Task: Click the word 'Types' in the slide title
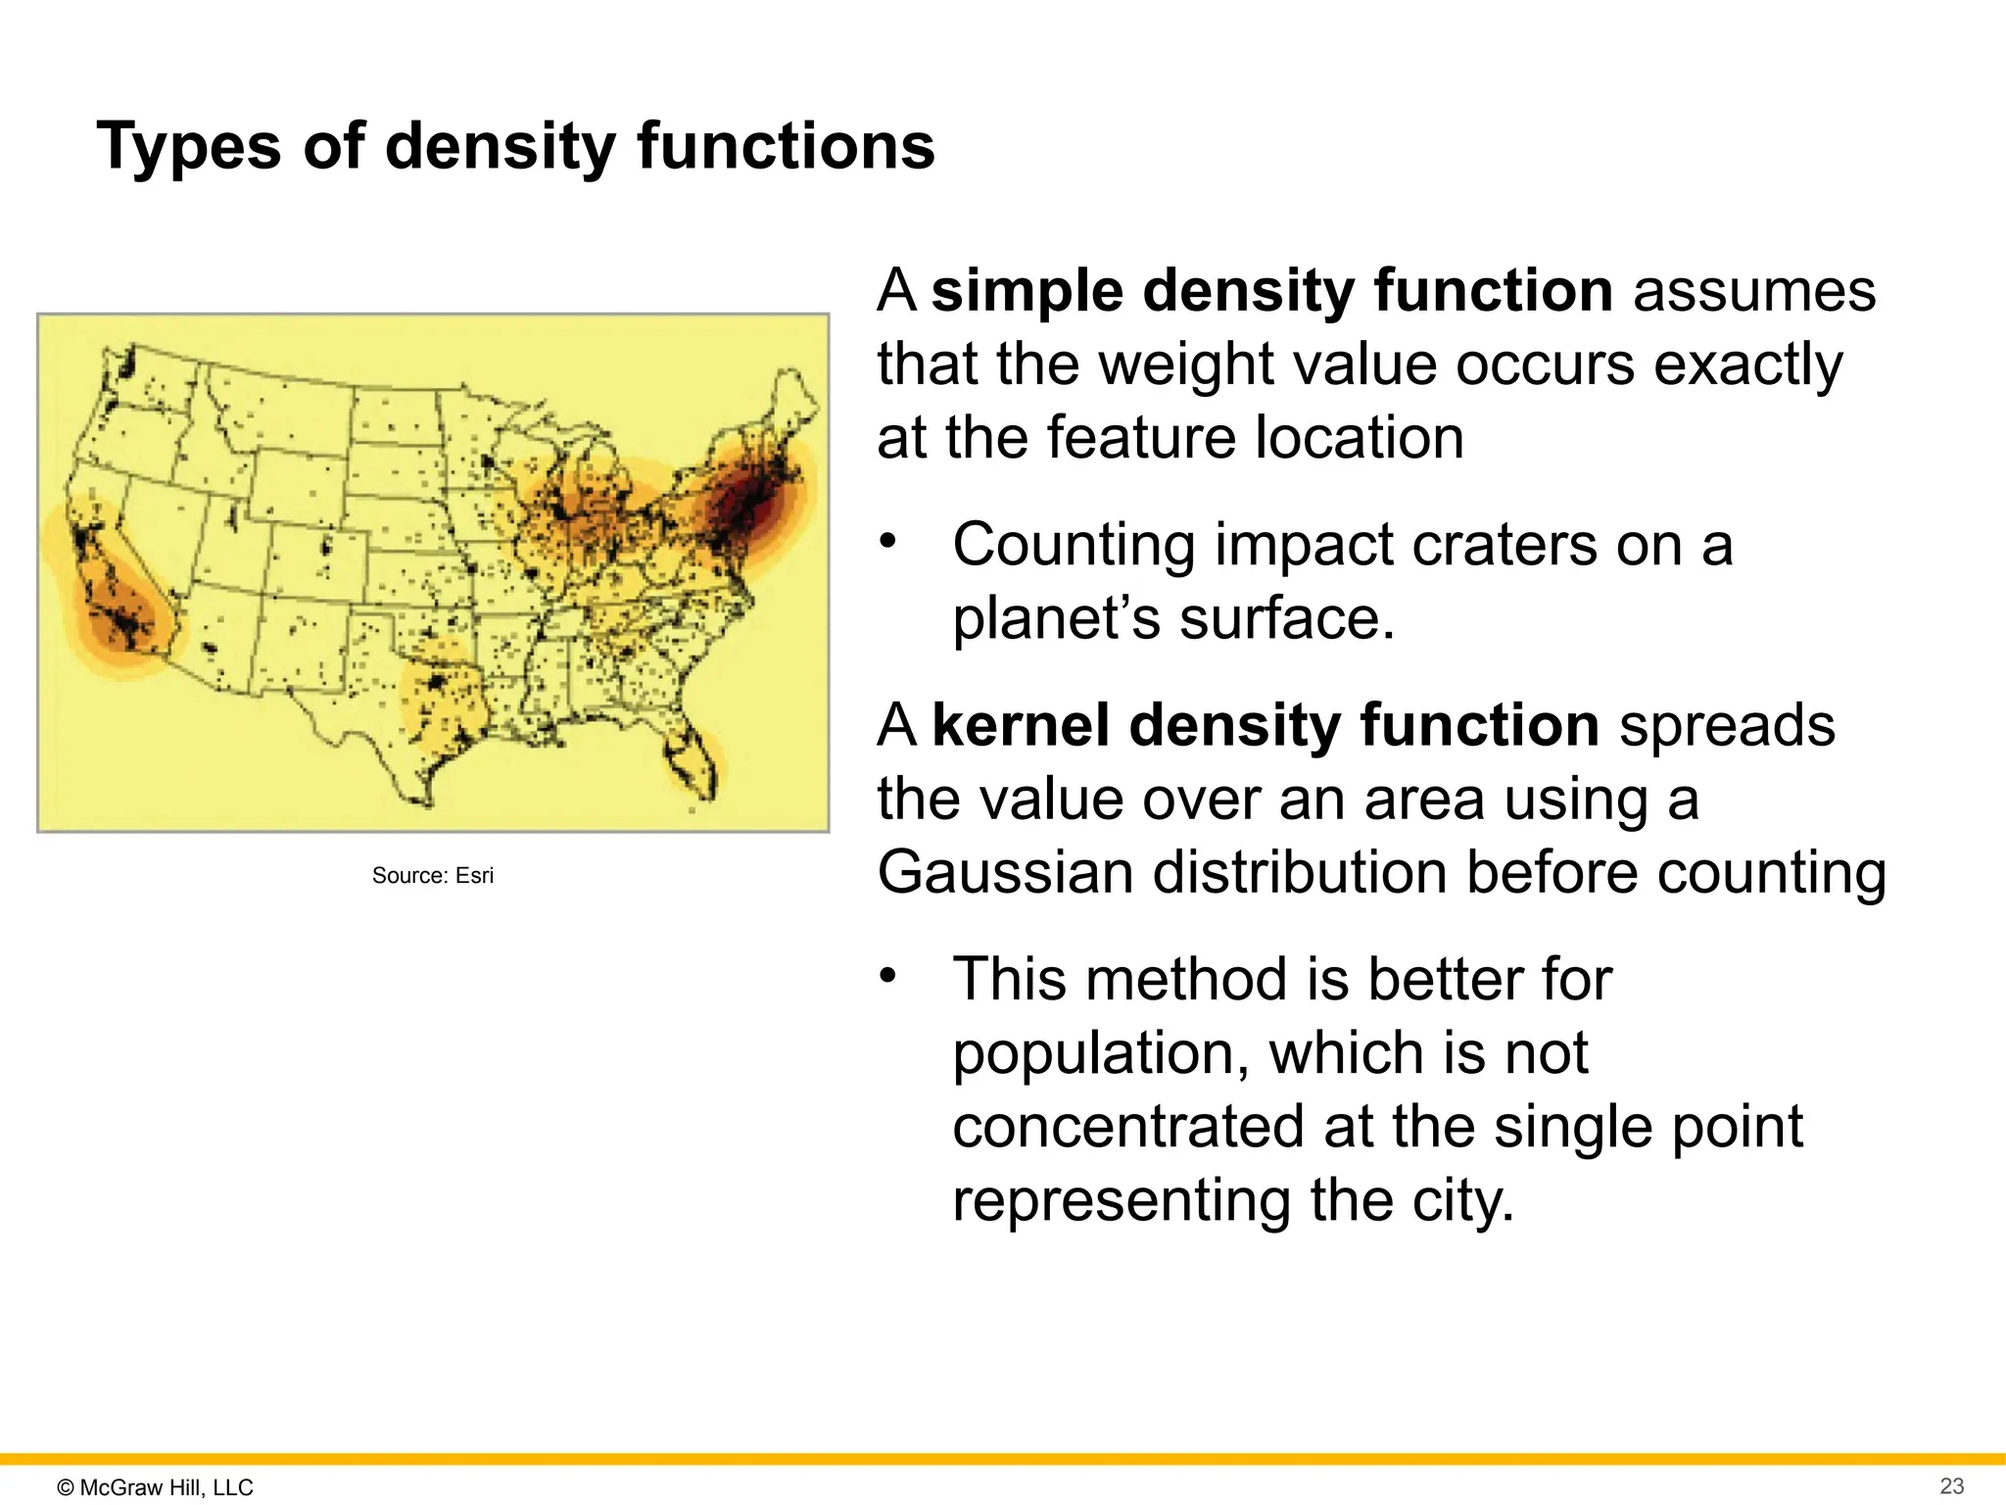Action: pyautogui.click(x=189, y=147)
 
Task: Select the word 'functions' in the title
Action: pyautogui.click(x=786, y=147)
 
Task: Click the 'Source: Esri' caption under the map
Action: pyautogui.click(x=432, y=876)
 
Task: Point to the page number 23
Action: pyautogui.click(x=1951, y=1486)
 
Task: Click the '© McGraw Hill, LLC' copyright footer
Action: pyautogui.click(x=156, y=1487)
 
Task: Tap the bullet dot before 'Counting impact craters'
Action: pyautogui.click(x=887, y=542)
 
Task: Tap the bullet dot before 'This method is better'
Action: pyautogui.click(x=887, y=976)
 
